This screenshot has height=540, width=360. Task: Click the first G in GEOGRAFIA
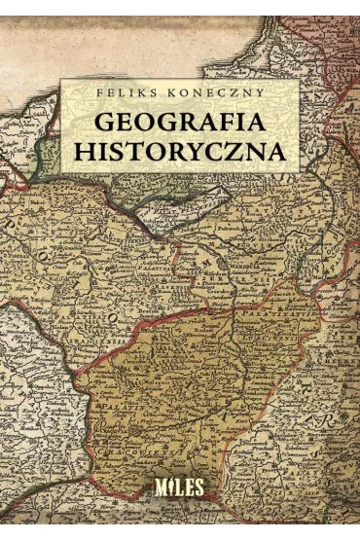point(99,123)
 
